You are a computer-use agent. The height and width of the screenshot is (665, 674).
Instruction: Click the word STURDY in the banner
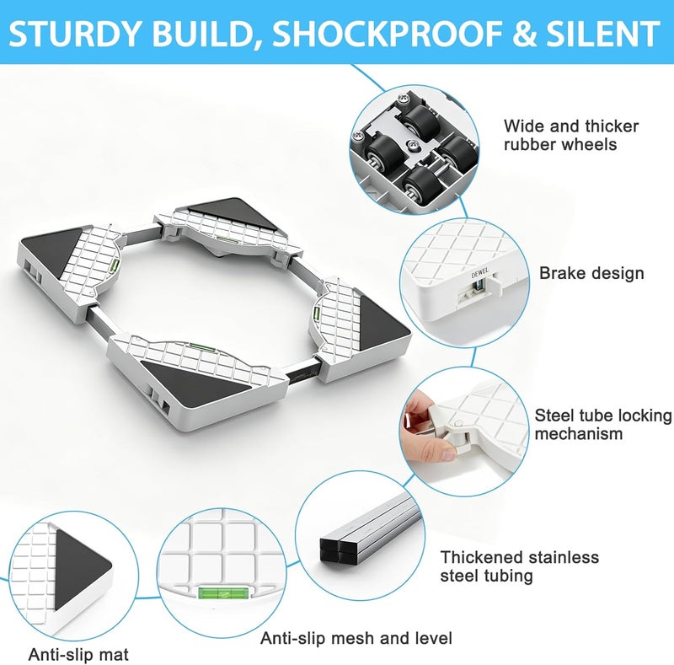(x=75, y=34)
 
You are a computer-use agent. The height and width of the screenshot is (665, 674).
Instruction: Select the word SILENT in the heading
(x=602, y=34)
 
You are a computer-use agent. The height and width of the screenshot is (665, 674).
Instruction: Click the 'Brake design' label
(x=591, y=274)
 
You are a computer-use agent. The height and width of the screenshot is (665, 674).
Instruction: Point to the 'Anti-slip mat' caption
(x=78, y=655)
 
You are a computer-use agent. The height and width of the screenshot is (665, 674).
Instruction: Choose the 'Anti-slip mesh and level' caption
(x=356, y=638)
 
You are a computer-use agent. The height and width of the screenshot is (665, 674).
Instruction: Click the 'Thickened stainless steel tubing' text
(x=519, y=566)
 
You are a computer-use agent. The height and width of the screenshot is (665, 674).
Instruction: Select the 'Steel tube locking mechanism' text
(x=603, y=424)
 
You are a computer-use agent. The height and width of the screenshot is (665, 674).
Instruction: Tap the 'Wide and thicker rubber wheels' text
(x=571, y=135)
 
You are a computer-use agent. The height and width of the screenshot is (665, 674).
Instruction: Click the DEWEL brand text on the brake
(x=480, y=273)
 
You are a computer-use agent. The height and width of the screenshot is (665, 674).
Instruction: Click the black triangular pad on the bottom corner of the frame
(x=195, y=384)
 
